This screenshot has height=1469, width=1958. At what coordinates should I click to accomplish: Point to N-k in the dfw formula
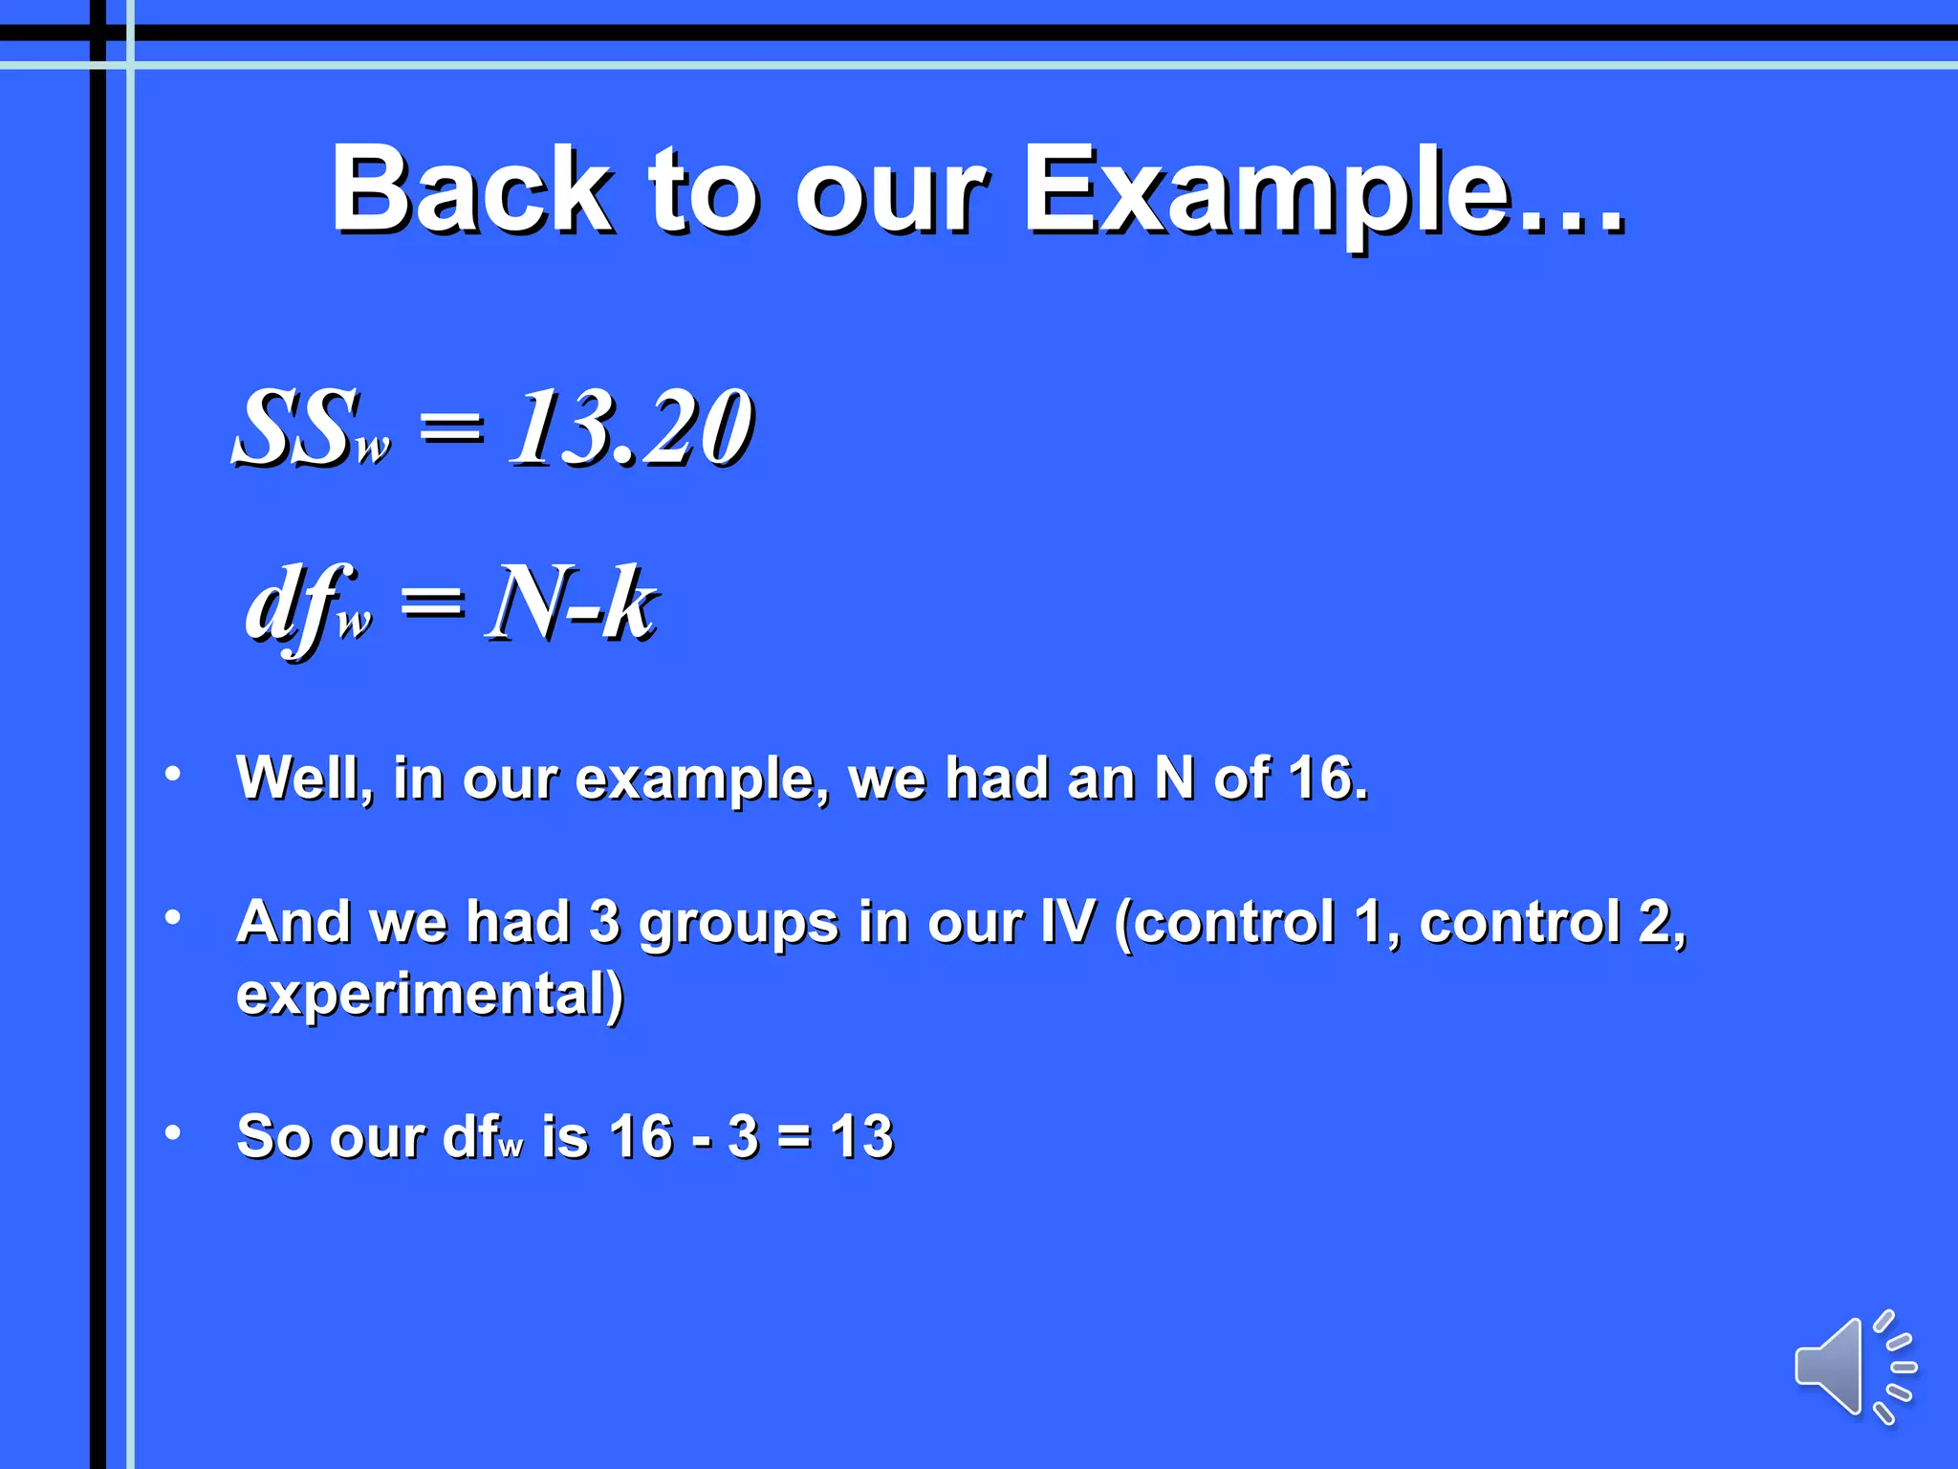(572, 603)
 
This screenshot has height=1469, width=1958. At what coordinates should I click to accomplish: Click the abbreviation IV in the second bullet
(1067, 922)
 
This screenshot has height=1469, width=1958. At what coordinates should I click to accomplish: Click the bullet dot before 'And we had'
(173, 917)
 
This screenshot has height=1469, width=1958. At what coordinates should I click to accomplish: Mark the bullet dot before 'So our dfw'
(173, 1132)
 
